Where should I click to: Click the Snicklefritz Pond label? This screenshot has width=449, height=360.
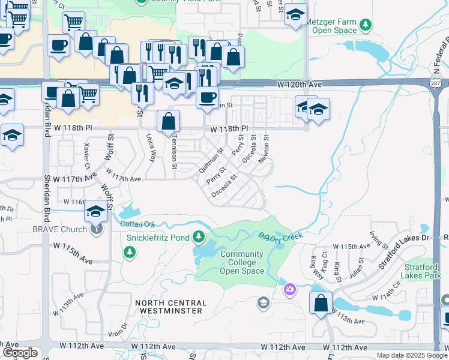158,237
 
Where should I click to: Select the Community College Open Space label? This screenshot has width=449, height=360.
242,263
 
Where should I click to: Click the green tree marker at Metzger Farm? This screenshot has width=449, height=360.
365,25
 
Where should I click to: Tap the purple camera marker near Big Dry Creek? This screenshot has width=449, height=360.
290,290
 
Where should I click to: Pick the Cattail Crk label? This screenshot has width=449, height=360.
138,224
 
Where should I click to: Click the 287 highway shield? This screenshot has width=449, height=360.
436,86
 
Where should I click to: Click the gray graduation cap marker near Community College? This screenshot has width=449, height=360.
262,302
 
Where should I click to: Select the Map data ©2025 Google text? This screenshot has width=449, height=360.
411,355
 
